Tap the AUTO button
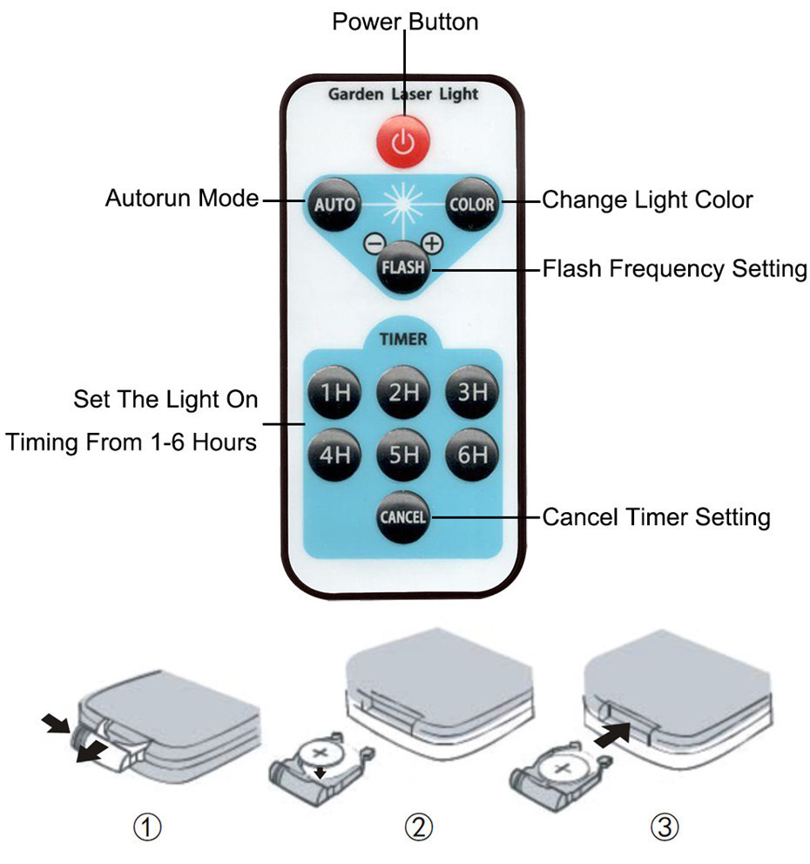coord(334,205)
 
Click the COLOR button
coord(471,205)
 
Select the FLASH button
coord(402,268)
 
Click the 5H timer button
coord(403,454)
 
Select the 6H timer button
coord(472,454)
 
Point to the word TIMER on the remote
coord(403,339)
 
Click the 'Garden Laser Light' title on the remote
coord(403,94)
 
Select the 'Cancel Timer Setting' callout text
coord(656,517)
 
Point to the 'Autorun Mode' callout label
coord(182,199)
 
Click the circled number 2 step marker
coord(421,827)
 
